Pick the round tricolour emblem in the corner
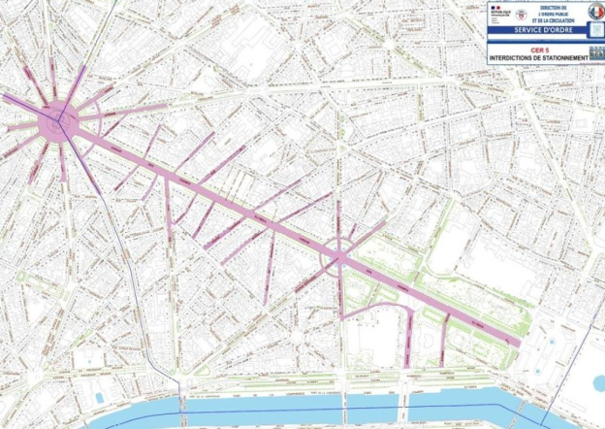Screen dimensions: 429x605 pos(594,12)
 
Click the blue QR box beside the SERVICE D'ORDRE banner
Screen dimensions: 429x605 pos(594,30)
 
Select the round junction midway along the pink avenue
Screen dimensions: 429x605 pos(340,255)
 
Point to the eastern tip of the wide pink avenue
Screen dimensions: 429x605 pos(519,341)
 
